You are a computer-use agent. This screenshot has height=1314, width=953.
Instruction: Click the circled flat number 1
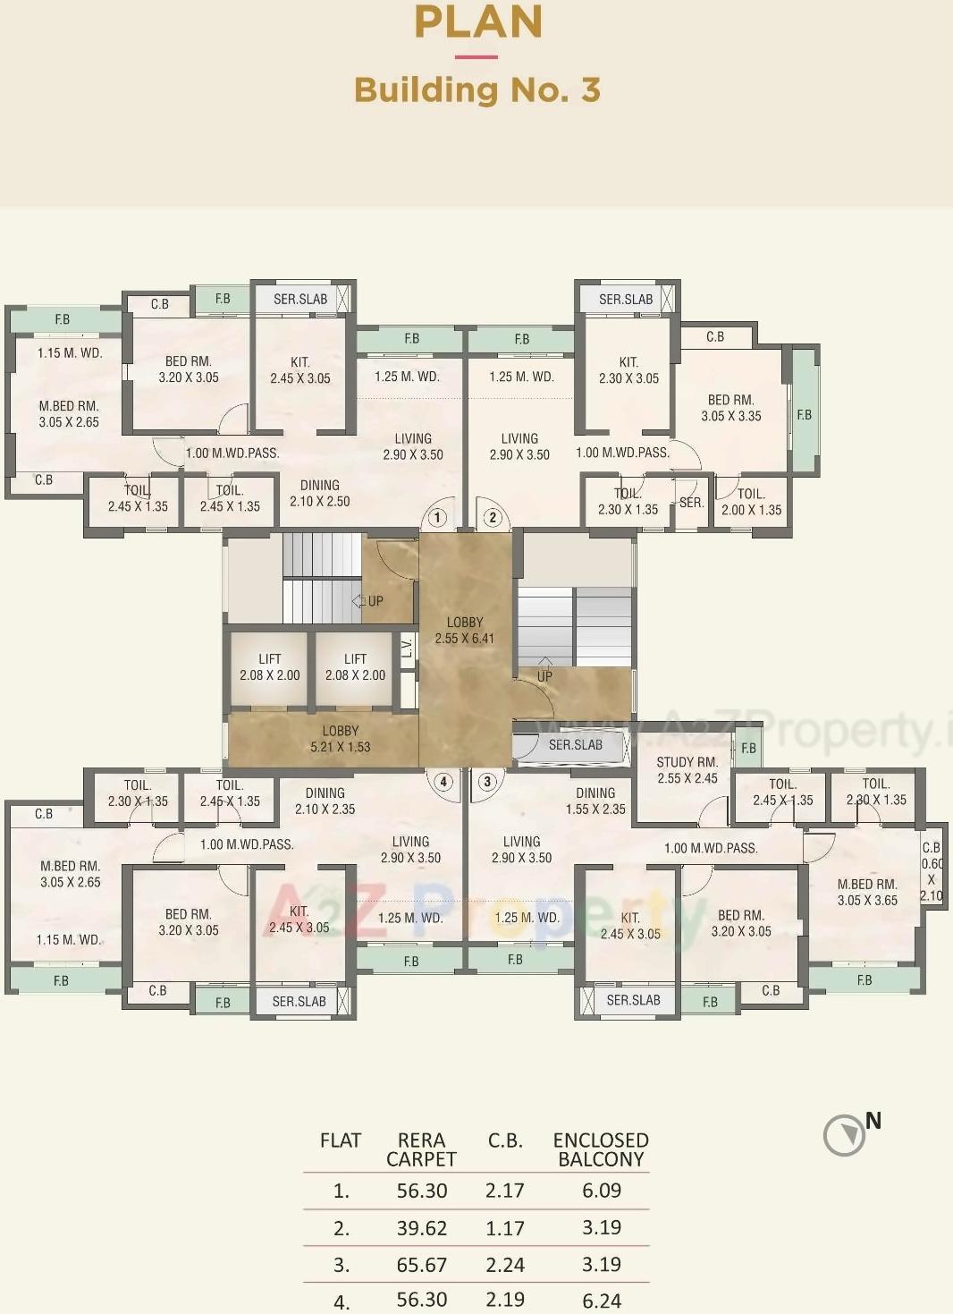437,517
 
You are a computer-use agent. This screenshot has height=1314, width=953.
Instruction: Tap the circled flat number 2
493,517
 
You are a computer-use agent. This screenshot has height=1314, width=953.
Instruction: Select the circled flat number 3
487,781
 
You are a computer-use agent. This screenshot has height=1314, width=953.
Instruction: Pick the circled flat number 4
443,781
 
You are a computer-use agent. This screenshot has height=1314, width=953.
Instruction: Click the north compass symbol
844,1135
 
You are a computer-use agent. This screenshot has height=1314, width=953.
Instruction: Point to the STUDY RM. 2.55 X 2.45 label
687,770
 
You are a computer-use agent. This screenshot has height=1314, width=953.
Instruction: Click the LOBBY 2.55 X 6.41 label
464,631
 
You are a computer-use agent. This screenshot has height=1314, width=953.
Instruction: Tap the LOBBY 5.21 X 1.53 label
340,739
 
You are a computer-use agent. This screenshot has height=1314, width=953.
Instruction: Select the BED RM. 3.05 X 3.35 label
730,408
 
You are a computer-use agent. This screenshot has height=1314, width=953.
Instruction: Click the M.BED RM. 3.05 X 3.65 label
866,892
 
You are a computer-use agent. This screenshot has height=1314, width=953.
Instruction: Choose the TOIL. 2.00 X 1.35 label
751,502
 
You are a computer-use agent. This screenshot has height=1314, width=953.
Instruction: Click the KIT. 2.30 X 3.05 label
628,370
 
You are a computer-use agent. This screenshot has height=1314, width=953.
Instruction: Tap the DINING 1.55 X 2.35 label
595,801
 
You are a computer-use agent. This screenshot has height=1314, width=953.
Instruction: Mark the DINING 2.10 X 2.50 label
319,493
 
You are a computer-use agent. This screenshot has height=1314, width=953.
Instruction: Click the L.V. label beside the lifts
407,648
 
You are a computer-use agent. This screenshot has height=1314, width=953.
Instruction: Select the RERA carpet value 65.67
421,1265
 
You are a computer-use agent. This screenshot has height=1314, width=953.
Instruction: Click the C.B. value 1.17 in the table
504,1228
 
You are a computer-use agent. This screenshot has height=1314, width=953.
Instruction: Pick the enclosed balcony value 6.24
601,1300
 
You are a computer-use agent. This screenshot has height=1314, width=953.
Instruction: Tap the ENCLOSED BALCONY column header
601,1149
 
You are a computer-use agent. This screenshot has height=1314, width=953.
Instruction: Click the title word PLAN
477,21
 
